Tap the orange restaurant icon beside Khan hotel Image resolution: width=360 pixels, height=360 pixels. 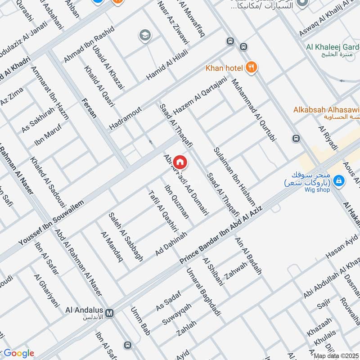click(x=251, y=68)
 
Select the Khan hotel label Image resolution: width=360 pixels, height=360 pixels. click(x=224, y=68)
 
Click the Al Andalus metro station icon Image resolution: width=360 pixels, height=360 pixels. click(x=110, y=312)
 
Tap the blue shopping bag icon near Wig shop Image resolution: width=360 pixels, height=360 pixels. click(x=339, y=181)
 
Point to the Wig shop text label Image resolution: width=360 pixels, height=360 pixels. click(x=317, y=189)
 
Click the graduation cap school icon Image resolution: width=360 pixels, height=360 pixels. click(x=144, y=35)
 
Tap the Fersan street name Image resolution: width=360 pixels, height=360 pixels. click(x=89, y=108)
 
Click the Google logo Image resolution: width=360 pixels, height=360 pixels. click(x=19, y=353)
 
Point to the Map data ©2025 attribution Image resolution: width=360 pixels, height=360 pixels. click(x=335, y=355)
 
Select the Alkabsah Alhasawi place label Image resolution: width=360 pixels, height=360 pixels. click(x=326, y=109)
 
